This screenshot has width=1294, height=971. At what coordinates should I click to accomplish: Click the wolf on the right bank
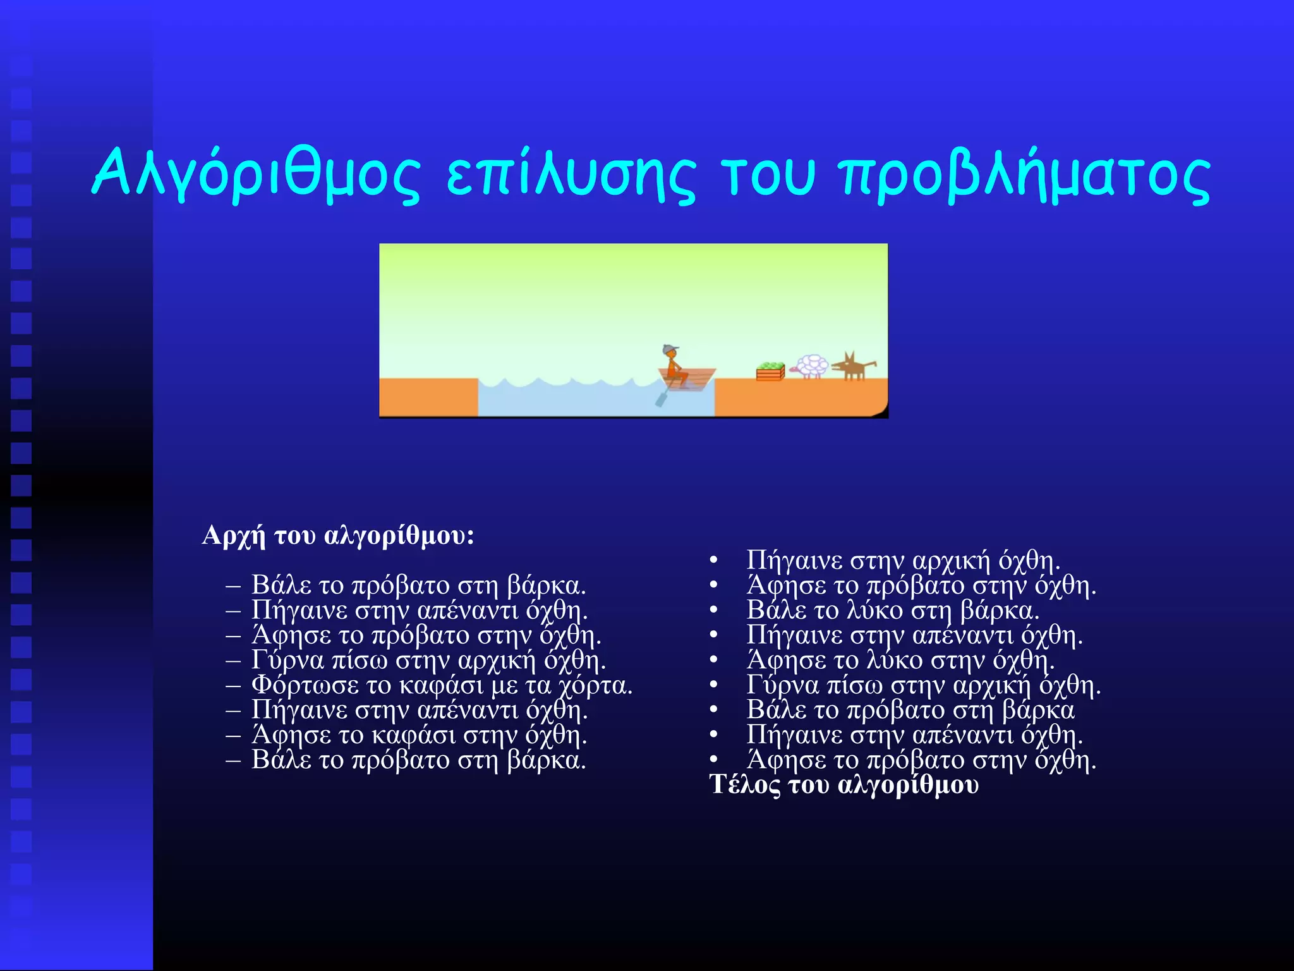(x=854, y=367)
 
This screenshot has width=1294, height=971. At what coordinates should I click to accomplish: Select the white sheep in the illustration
(x=811, y=366)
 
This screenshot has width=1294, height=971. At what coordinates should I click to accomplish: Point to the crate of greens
(x=770, y=372)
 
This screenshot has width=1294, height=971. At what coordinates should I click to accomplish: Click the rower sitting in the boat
(x=675, y=369)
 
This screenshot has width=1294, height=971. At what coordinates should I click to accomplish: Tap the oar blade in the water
(x=661, y=400)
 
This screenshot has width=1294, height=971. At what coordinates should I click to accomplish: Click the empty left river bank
(x=428, y=397)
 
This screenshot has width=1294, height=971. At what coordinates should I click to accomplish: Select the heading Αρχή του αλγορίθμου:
(x=338, y=535)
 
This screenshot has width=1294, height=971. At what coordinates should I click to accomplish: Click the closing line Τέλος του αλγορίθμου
(x=844, y=785)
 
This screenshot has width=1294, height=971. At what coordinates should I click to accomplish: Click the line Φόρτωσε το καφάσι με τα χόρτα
(x=442, y=685)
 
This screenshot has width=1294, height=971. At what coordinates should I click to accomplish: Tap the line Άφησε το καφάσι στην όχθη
(x=419, y=735)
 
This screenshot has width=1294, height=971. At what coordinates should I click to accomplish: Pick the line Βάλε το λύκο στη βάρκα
(x=893, y=610)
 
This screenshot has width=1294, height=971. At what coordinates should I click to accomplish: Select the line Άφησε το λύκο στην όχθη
(x=900, y=660)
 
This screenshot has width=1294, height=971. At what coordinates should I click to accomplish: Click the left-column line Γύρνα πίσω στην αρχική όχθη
(x=428, y=660)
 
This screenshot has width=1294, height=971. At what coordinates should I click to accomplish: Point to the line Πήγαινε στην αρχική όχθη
(x=903, y=560)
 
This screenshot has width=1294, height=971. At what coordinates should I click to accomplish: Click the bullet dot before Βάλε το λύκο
(x=713, y=611)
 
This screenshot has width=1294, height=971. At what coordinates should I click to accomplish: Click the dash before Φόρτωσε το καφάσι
(x=233, y=685)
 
